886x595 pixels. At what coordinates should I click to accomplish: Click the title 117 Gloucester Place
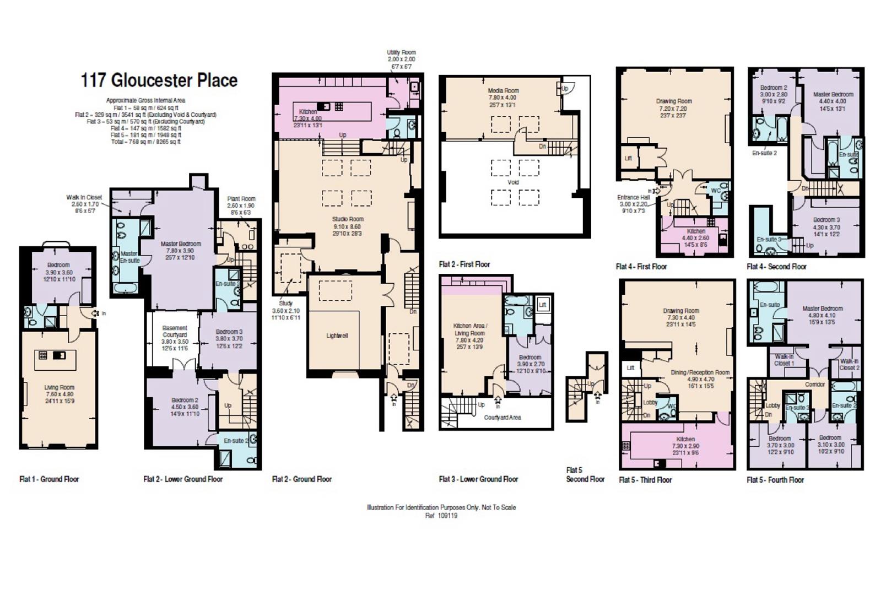click(159, 80)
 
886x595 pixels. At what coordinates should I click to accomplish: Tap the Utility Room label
click(401, 53)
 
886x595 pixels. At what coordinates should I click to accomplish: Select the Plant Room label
click(241, 199)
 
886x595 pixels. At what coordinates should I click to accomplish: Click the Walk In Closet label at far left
click(84, 197)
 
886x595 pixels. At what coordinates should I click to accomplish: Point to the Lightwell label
click(337, 336)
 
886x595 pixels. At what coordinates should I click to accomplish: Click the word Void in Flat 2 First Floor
click(513, 182)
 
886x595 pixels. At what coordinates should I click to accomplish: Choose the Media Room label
click(503, 90)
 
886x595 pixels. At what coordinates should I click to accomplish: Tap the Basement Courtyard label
click(175, 331)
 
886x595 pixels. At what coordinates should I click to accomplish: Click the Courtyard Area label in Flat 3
click(502, 417)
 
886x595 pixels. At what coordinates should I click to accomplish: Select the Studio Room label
click(348, 219)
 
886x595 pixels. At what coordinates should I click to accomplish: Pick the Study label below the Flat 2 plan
click(285, 303)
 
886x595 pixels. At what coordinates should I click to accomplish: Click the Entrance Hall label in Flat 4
click(634, 197)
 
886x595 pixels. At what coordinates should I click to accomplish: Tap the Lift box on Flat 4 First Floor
click(628, 158)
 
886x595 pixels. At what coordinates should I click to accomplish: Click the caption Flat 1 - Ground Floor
click(49, 479)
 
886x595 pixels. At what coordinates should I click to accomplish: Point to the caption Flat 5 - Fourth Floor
click(775, 480)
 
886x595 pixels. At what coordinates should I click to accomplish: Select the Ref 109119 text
click(441, 516)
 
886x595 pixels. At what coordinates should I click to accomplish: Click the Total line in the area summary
click(145, 142)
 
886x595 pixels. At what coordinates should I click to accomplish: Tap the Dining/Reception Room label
click(700, 372)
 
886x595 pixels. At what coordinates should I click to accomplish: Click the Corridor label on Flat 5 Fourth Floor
click(815, 385)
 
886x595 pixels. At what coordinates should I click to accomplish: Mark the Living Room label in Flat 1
click(59, 387)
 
